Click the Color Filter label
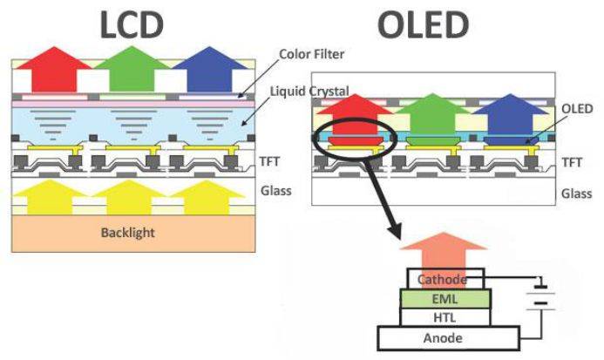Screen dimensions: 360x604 311,54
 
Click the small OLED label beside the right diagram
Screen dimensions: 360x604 578,108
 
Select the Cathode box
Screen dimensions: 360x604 450,280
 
